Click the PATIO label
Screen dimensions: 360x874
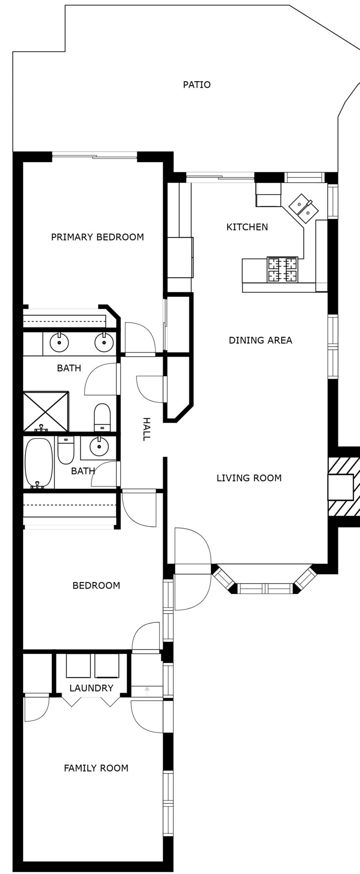[197, 85]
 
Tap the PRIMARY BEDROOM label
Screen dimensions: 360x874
[97, 237]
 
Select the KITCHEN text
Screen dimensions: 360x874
[247, 227]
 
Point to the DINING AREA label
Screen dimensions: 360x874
[260, 340]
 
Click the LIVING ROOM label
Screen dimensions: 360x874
[249, 478]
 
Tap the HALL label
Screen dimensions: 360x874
[147, 429]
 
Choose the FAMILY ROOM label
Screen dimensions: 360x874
[96, 768]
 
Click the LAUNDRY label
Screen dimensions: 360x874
[91, 688]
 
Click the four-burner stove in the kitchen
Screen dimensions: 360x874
[282, 270]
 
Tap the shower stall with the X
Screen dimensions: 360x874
[46, 412]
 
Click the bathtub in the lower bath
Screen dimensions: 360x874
[38, 463]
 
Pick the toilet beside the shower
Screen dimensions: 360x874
[102, 418]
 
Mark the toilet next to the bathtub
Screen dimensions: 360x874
[66, 450]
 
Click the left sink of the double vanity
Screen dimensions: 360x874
[59, 343]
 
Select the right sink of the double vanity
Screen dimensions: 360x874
[104, 343]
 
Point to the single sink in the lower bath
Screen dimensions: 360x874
[99, 447]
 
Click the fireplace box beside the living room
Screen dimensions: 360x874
[340, 487]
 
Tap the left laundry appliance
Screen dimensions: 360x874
[78, 666]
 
